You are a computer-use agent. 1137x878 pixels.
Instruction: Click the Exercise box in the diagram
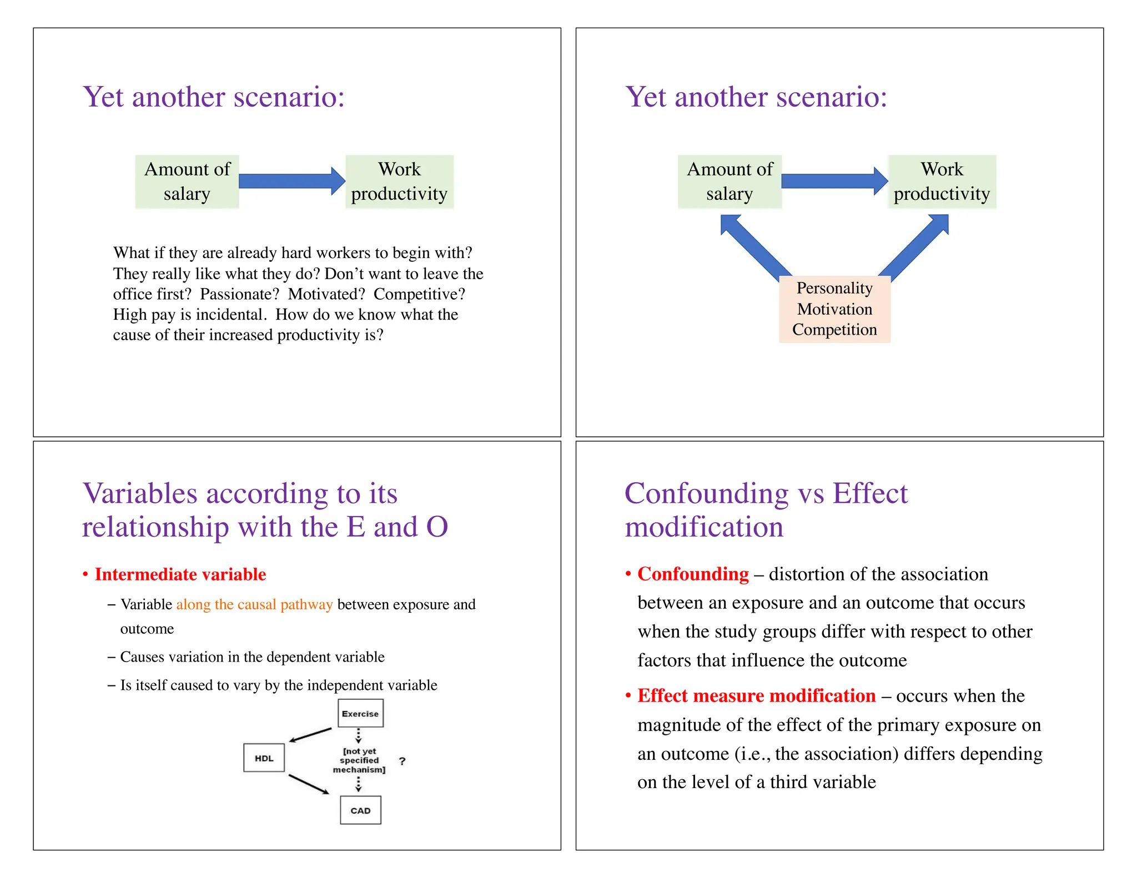pos(360,713)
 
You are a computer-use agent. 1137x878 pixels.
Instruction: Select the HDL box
pos(264,758)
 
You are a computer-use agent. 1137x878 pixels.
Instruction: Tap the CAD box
pos(360,810)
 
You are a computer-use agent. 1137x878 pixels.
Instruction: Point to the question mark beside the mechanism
pos(403,761)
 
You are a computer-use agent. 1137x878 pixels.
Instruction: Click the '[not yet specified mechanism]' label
pos(359,760)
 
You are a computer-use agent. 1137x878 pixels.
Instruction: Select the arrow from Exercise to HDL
pos(310,735)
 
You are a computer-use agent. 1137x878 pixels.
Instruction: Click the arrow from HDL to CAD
pos(309,784)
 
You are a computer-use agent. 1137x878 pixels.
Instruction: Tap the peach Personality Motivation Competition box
pos(834,309)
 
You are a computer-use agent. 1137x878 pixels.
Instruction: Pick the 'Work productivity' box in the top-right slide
pos(942,181)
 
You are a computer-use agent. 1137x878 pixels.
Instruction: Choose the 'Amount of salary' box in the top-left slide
pos(187,181)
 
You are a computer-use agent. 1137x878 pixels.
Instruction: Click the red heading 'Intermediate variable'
pos(180,574)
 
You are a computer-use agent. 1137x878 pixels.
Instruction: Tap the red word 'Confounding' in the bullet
pos(693,574)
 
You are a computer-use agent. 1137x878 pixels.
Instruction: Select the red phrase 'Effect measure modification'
pos(756,695)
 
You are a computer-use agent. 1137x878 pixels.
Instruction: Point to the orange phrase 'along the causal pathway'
pos(254,604)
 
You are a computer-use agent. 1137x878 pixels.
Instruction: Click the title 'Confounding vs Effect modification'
pos(766,509)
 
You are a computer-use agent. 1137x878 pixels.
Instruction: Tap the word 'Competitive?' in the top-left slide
pos(419,294)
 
